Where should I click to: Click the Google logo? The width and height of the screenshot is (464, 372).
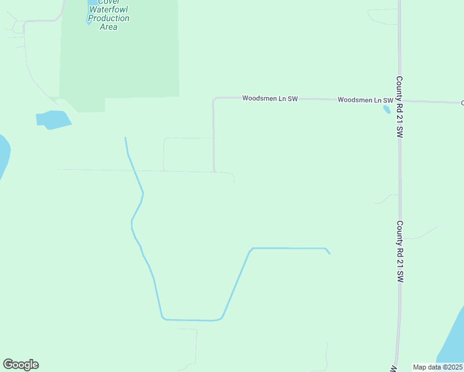(x=20, y=365)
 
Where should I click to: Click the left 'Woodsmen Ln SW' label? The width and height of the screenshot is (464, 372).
(x=270, y=98)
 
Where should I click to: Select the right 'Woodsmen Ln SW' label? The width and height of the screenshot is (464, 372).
(x=365, y=100)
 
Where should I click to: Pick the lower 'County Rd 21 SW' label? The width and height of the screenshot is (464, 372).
(x=400, y=252)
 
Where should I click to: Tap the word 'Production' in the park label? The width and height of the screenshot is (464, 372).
(x=109, y=19)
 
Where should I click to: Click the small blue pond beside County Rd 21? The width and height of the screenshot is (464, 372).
(x=387, y=110)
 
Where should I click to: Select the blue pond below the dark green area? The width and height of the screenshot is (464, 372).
(x=53, y=120)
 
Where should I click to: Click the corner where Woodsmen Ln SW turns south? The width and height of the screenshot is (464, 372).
(x=214, y=99)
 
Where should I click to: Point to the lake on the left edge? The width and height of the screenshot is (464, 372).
(x=3, y=155)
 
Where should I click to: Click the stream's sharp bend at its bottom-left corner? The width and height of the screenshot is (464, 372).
(x=163, y=319)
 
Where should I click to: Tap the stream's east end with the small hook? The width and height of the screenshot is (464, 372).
(x=328, y=251)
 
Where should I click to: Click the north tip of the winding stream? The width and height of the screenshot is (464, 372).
(x=125, y=138)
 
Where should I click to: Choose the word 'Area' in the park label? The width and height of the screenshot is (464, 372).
(x=108, y=27)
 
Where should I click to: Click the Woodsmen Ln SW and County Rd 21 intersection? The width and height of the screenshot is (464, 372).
(x=399, y=100)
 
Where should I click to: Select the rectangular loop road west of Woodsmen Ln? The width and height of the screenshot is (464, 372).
(x=188, y=154)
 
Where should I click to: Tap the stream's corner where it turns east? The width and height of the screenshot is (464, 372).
(x=251, y=249)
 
